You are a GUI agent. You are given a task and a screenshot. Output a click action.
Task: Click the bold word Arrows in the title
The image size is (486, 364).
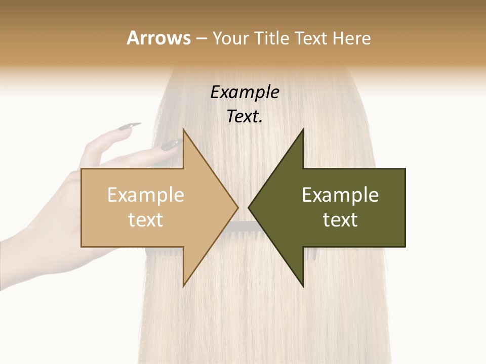158,38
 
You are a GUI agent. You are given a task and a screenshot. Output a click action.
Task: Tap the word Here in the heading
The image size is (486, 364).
351,38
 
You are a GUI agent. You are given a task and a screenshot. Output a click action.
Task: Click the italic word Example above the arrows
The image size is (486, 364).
245,92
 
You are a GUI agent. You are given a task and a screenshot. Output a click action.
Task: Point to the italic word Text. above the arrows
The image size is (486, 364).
245,116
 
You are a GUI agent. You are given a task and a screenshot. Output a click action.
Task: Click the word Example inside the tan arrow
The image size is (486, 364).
145,195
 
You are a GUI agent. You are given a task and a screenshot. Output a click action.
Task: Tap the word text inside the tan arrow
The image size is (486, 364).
145,219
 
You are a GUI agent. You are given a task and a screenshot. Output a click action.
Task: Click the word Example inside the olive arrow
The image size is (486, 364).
340,195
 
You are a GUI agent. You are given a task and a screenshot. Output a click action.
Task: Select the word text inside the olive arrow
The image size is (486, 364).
340,219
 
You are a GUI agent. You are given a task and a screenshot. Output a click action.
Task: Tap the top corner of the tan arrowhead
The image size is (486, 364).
183,130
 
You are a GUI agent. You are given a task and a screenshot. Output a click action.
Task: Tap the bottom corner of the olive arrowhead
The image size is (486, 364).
303,286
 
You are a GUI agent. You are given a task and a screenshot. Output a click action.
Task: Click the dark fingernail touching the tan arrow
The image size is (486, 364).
171,145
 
